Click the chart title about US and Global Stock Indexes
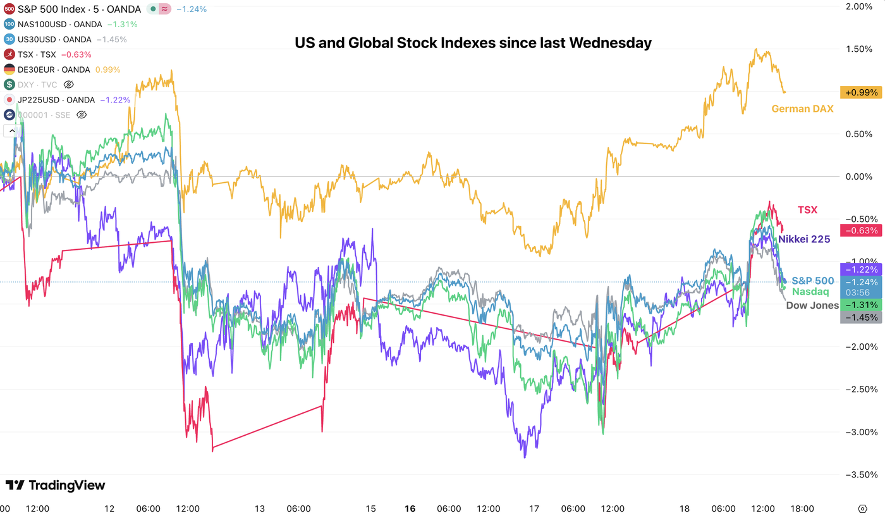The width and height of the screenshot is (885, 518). tap(473, 43)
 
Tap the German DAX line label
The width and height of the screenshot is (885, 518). tap(802, 109)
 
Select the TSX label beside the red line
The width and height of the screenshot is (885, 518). tap(807, 209)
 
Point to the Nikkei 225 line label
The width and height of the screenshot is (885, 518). tap(804, 239)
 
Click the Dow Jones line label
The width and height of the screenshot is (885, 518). tap(812, 305)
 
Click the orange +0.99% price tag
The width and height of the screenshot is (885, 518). tap(860, 92)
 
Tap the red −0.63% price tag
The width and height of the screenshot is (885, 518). tap(860, 230)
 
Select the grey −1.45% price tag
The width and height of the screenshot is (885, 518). tap(860, 318)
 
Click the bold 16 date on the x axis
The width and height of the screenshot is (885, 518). tap(410, 509)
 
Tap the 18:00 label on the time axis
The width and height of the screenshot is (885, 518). tap(803, 509)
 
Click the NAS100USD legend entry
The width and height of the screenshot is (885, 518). tap(59, 24)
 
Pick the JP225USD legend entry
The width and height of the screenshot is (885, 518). tap(57, 100)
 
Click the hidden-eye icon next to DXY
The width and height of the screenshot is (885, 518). tap(70, 85)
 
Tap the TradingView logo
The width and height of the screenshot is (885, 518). tap(56, 485)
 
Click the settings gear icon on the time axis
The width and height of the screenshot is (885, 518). tap(862, 509)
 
